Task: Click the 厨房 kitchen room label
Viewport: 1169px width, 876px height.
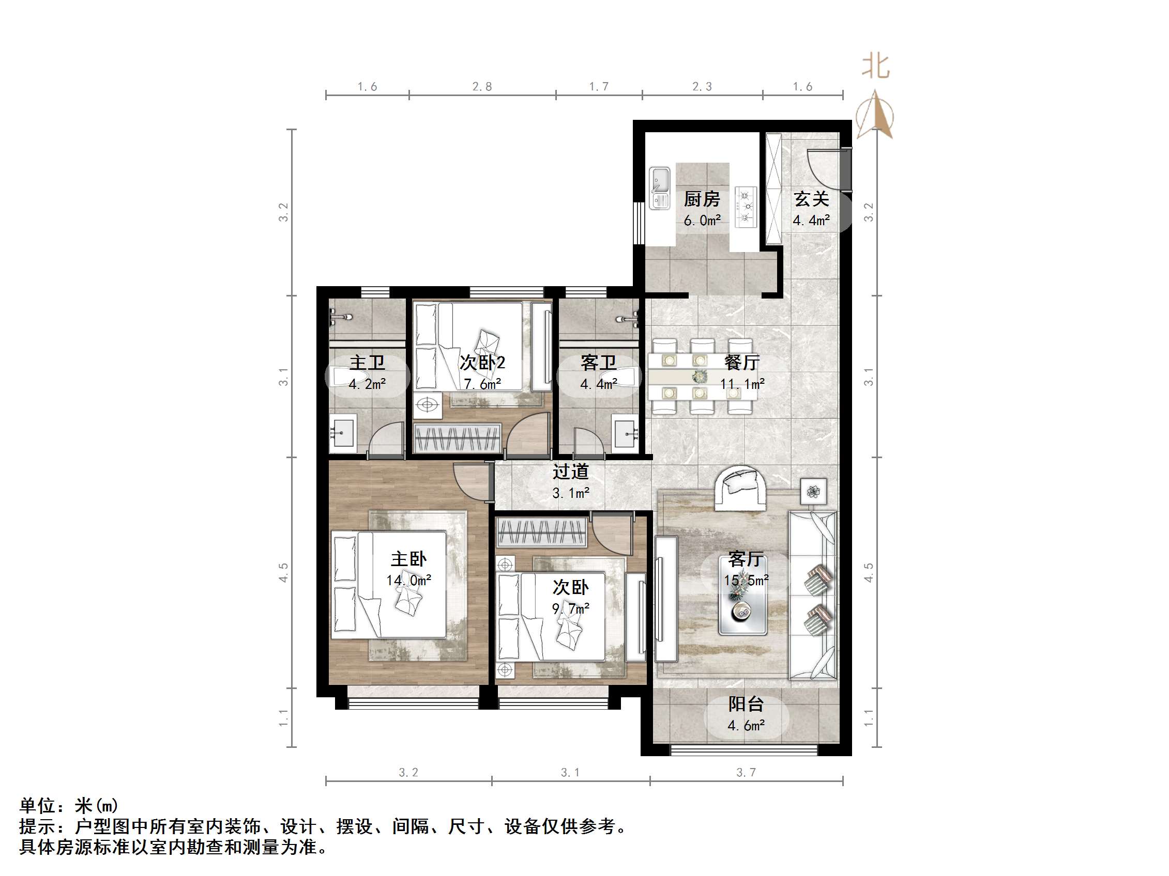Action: pos(702,199)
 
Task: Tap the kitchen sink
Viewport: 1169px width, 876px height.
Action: pos(659,187)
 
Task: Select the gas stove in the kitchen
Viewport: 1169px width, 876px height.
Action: pos(746,207)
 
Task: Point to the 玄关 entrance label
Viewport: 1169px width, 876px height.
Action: pos(811,199)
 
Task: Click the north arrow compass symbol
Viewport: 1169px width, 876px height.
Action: pos(875,114)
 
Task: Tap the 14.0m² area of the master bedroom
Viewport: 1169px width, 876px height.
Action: pos(408,581)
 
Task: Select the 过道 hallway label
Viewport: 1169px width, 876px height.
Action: pos(571,472)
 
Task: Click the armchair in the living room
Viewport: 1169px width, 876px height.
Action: pos(741,489)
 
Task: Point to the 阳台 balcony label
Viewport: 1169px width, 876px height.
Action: pos(746,704)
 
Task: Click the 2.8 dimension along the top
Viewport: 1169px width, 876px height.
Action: pos(482,87)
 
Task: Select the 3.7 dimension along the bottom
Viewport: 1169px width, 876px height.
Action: pos(746,773)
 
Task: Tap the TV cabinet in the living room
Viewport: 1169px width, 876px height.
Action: pos(666,599)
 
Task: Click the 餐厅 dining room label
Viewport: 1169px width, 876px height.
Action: pos(742,362)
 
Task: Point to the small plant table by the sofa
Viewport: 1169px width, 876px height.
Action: pos(813,492)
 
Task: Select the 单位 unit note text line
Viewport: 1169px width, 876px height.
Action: pos(69,805)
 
